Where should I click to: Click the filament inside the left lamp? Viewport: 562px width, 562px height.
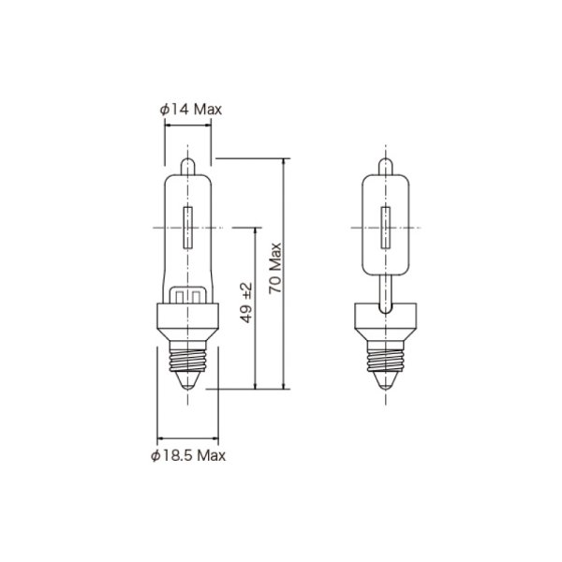[188, 226]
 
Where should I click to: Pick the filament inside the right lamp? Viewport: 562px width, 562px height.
[383, 226]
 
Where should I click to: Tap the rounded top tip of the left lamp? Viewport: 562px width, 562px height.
[188, 165]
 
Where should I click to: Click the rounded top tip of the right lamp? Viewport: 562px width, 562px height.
[383, 165]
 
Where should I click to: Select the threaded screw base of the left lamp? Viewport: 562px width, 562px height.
[188, 355]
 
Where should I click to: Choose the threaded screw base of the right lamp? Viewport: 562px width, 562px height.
[383, 355]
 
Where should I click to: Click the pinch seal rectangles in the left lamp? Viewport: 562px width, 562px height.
[188, 296]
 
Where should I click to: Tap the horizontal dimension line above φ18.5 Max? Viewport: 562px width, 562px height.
[188, 437]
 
